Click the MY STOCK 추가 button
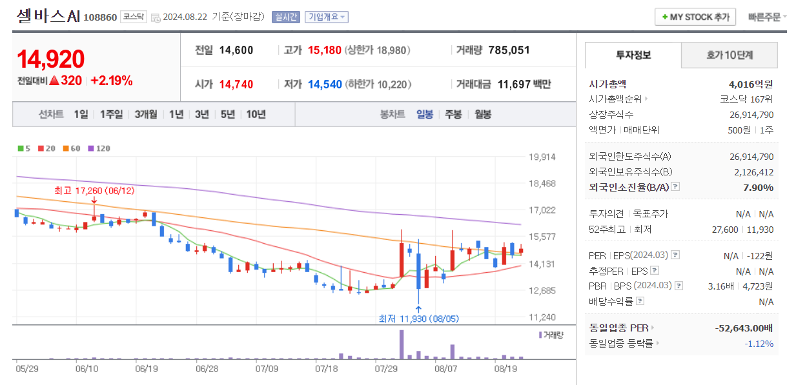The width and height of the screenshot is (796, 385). point(695,17)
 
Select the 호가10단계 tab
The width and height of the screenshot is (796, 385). point(729,55)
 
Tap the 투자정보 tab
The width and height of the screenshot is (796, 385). point(633,55)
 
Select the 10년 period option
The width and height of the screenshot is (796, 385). point(256,114)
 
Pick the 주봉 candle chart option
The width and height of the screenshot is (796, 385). point(453,114)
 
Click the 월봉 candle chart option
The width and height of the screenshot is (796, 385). point(483,114)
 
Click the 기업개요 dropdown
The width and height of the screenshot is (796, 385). point(326,17)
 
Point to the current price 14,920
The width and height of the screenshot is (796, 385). point(51,59)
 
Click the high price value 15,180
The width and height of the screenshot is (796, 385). point(324,50)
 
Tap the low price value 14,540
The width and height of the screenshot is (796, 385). point(324,84)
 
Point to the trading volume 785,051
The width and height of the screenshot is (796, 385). point(509,50)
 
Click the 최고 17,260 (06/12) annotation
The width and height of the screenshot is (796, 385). point(94,191)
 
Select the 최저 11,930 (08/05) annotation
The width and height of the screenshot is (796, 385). point(418,319)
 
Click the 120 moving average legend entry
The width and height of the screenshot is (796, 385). point(99,148)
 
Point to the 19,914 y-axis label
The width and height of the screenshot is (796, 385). point(542,157)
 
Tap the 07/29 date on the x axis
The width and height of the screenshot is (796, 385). point(385,369)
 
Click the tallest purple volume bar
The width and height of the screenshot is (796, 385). point(402,344)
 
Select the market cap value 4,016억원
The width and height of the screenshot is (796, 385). point(751,84)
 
